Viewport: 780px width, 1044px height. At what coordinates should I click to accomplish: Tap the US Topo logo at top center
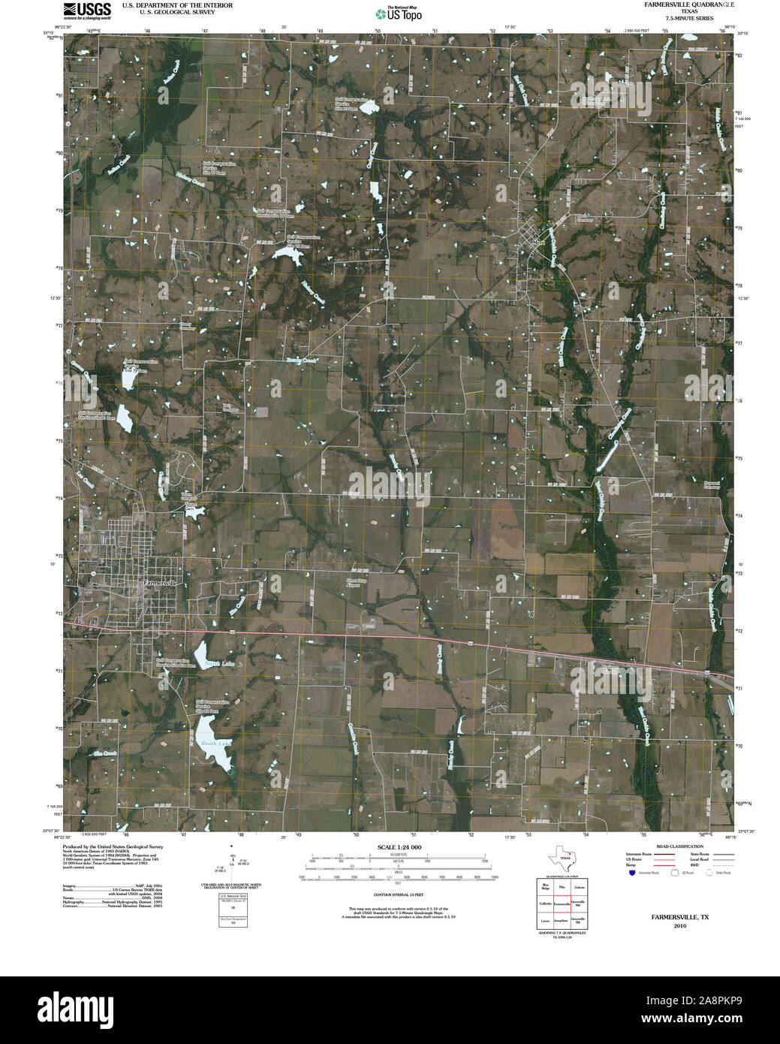point(398,13)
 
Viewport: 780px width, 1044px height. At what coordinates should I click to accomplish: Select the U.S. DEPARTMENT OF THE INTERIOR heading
point(177,5)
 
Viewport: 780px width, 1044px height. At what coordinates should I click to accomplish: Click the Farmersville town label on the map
point(160,583)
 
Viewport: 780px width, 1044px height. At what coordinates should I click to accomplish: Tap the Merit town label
point(537,243)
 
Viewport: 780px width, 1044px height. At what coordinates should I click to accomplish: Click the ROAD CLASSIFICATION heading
point(679,846)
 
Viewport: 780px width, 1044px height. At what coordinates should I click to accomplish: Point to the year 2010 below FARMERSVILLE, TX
point(680,926)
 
